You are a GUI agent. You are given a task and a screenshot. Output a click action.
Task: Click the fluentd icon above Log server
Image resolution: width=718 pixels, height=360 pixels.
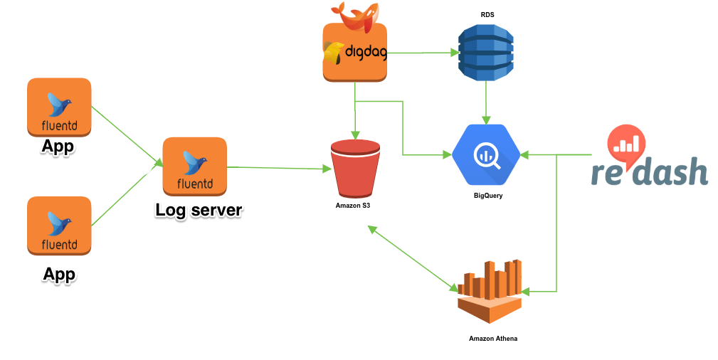pos(194,166)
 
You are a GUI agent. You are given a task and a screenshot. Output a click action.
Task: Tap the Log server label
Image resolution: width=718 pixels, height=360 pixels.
pos(199,210)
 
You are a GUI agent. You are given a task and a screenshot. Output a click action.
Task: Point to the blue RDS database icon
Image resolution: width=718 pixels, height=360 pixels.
pos(485,52)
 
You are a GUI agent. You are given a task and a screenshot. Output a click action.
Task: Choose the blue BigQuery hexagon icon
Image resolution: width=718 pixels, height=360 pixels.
pos(487,154)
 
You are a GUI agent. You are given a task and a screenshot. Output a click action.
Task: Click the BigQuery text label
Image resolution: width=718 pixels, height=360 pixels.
pos(487,195)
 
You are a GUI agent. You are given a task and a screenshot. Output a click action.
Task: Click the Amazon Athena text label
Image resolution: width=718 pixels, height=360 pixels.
pos(493,339)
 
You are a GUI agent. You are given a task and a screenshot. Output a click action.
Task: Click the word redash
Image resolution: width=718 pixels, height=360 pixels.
pos(649,172)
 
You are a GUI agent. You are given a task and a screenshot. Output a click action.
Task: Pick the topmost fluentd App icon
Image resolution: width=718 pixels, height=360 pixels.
pos(58,107)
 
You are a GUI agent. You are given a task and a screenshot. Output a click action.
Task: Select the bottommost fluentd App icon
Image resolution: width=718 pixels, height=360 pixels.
pos(58,226)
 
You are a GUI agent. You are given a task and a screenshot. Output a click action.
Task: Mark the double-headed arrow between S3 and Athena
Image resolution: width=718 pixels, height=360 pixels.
pos(413,259)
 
